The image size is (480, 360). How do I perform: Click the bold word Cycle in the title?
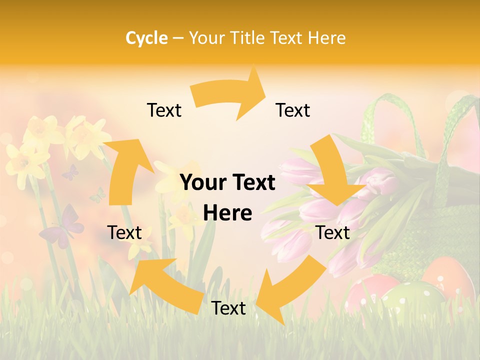(146, 37)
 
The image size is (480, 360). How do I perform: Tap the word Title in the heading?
(250, 37)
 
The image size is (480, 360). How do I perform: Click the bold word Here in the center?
(227, 213)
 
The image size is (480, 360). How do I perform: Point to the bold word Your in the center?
(199, 183)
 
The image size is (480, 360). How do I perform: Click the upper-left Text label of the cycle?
(164, 110)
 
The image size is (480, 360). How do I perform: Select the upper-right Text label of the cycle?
(293, 110)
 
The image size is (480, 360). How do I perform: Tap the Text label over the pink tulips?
(333, 232)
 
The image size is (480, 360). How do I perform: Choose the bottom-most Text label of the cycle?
(228, 308)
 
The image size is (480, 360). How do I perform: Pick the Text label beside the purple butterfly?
(124, 232)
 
